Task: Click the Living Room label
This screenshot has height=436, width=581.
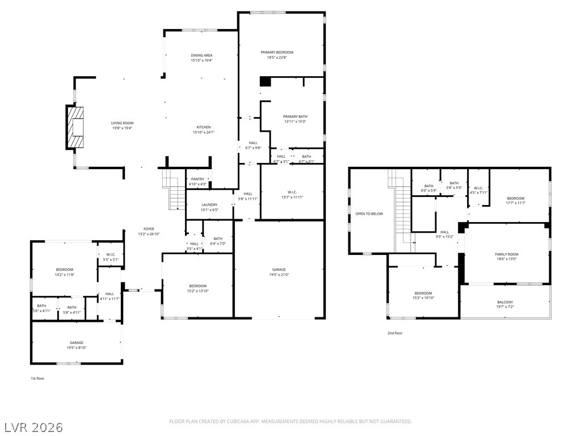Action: (122, 123)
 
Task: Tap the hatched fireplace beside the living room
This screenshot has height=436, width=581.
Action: (75, 126)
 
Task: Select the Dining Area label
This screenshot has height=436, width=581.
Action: (201, 55)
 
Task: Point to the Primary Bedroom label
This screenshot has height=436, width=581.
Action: (277, 52)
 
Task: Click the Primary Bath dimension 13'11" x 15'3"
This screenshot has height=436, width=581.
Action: (295, 121)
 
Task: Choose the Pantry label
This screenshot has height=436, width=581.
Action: (197, 179)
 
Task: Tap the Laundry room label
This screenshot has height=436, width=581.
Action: (209, 204)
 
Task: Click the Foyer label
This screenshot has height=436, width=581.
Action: (149, 229)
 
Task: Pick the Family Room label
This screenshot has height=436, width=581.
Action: (507, 254)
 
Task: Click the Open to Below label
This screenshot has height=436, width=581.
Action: (369, 213)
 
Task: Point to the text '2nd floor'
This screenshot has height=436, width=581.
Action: (394, 333)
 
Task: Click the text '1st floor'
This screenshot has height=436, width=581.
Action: (37, 378)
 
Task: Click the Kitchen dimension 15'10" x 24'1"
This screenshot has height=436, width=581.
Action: (204, 132)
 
